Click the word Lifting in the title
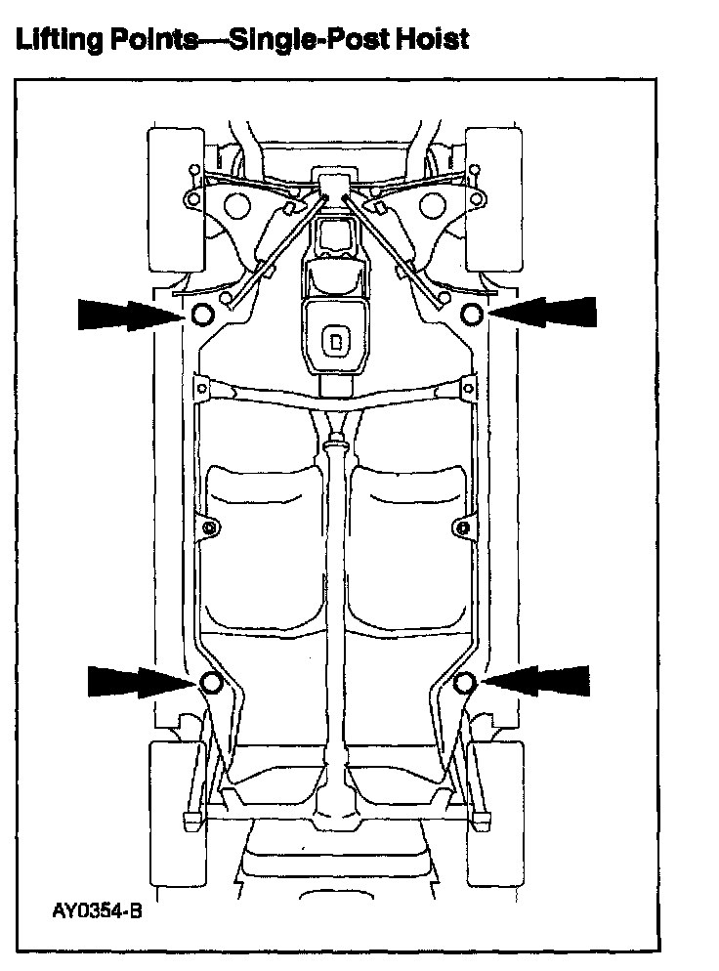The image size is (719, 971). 54,39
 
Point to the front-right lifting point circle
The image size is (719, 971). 471,314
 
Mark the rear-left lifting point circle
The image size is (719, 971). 210,682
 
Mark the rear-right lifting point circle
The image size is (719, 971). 465,682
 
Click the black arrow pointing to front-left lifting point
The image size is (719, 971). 127,315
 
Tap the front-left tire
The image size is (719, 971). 174,199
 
